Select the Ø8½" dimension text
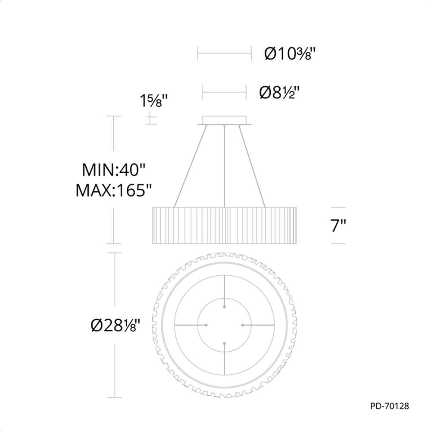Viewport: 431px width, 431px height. (279, 92)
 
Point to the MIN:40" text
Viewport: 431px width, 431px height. (113, 170)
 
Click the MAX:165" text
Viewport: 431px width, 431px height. (113, 190)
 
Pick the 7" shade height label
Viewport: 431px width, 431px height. (338, 226)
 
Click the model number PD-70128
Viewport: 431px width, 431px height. (390, 406)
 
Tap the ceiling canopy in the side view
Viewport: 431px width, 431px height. (224, 121)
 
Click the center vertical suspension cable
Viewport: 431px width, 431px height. (225, 166)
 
